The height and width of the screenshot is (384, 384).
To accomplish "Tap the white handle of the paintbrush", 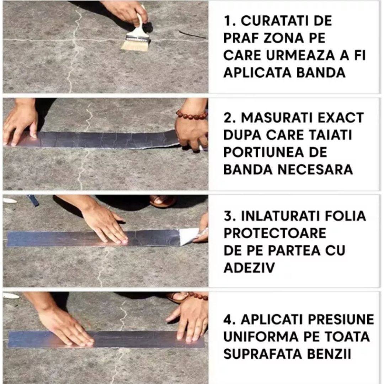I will tap(140, 27).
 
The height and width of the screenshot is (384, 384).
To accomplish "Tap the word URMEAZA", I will tap(302, 55).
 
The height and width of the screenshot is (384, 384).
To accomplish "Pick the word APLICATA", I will tap(255, 73).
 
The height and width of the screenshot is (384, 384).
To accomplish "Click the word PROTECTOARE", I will tap(275, 233).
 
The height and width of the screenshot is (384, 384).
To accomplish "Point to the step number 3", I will tap(227, 216).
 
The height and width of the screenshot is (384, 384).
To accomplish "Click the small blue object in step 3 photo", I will tap(33, 200).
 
